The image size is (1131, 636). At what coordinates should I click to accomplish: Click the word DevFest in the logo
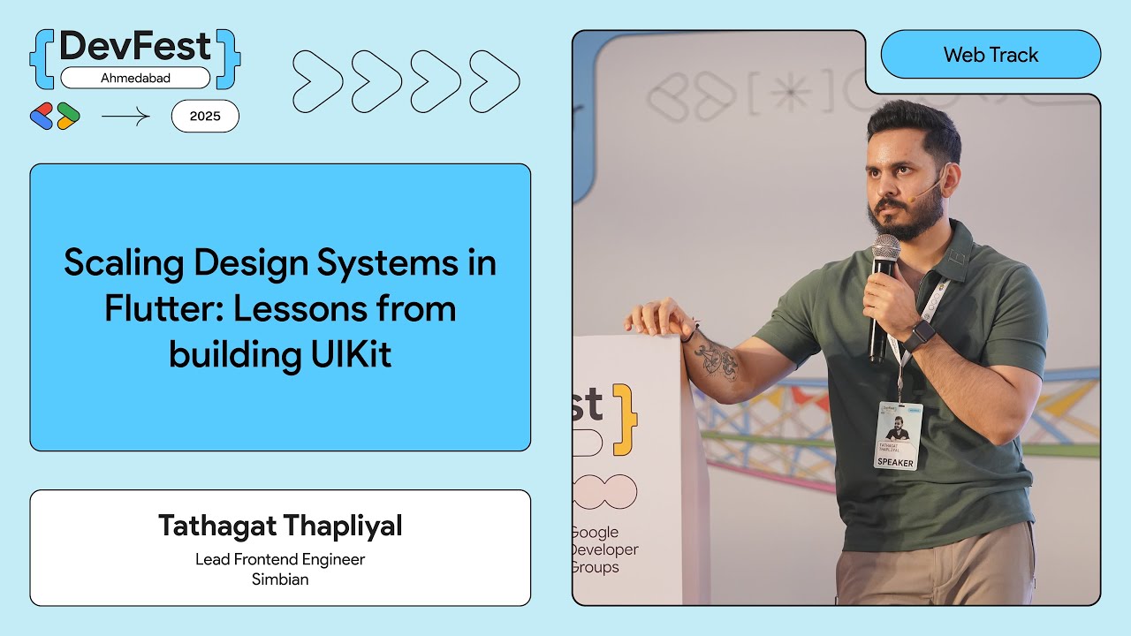pyautogui.click(x=135, y=47)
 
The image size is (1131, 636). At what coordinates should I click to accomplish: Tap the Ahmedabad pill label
pyautogui.click(x=135, y=78)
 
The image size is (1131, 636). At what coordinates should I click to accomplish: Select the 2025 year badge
pyautogui.click(x=205, y=116)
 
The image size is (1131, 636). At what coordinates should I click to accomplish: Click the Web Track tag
pyautogui.click(x=991, y=55)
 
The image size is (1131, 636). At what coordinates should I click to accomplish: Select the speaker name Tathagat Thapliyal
pyautogui.click(x=280, y=526)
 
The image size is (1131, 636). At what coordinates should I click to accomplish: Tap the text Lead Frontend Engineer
pyautogui.click(x=280, y=559)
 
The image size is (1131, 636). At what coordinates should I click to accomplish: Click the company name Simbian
pyautogui.click(x=280, y=579)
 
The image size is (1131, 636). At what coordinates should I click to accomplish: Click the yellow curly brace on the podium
pyautogui.click(x=624, y=420)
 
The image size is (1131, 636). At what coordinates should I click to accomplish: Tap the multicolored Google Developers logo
pyautogui.click(x=55, y=117)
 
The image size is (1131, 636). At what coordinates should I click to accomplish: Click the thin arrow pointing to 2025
pyautogui.click(x=125, y=117)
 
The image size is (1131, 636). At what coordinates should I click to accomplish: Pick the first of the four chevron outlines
pyautogui.click(x=317, y=81)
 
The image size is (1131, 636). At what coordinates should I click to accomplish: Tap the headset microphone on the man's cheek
pyautogui.click(x=919, y=189)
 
